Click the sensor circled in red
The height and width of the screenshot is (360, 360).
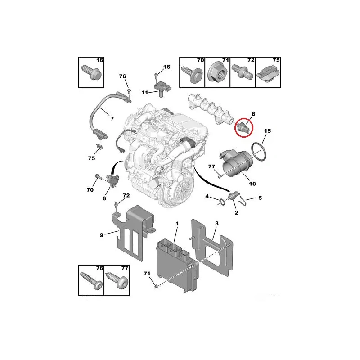point(243,127)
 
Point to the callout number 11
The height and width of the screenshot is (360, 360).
point(144,93)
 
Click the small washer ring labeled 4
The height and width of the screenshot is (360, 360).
point(222,202)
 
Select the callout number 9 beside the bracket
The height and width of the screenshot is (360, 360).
point(102,235)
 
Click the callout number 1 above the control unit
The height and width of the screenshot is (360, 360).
point(177,224)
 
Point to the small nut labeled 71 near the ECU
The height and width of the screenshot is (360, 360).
point(156,286)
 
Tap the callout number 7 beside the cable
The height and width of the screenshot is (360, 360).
point(112,119)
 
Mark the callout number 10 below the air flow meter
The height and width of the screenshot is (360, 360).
point(252,184)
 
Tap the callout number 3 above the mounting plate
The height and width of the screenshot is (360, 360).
point(217,223)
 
